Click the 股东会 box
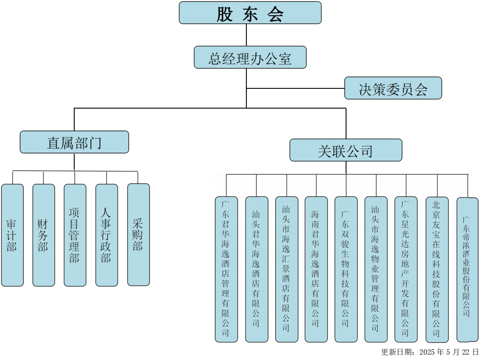pos(250,13)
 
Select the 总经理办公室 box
pos(250,57)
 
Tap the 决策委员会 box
pos(393,88)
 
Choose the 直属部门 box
pos(74,142)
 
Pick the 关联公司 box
pos(346,150)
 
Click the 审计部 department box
pos(12,235)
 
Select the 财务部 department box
pos(43,235)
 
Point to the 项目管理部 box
pos(75,235)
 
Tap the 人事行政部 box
pos(106,235)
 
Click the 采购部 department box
pos(138,235)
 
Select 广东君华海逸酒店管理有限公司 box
pos(226,269)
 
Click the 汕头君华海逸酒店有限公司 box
pos(256,269)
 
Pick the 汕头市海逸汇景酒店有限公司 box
pos(286,269)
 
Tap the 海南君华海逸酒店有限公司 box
pos(316,269)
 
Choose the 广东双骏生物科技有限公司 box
pos(346,269)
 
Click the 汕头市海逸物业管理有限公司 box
pos(376,269)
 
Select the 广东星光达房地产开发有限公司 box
pos(406,269)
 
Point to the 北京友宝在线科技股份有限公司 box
pos(437,269)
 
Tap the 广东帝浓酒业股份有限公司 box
pos(467,269)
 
